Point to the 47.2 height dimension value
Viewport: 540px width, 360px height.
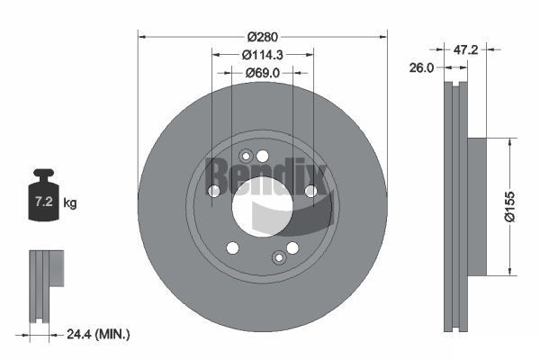(x=464, y=50)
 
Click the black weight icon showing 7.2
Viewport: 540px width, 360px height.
(x=44, y=191)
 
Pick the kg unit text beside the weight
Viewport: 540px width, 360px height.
(x=70, y=203)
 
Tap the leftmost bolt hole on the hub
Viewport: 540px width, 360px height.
(x=213, y=191)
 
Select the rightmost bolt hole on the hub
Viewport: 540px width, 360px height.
(x=310, y=191)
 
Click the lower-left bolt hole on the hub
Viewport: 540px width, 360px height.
(x=232, y=248)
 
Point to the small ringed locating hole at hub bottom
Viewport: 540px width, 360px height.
(x=278, y=259)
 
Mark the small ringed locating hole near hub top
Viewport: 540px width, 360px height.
(x=247, y=155)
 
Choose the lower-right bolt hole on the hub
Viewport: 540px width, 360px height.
(x=292, y=248)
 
